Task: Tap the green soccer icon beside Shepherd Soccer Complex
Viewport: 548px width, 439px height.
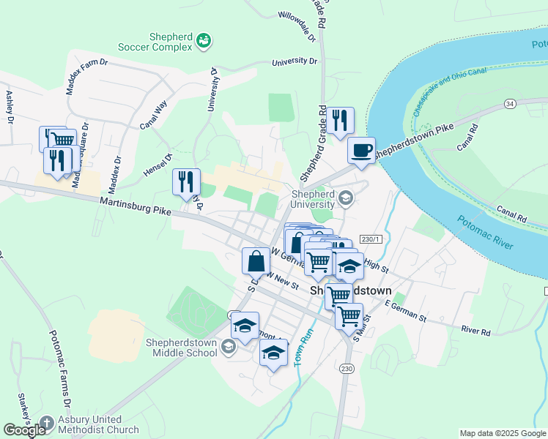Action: coord(204,42)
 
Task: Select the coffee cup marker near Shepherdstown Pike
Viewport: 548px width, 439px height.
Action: coord(360,151)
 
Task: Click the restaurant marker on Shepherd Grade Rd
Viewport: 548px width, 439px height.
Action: coord(338,121)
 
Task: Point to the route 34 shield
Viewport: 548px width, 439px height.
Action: coord(509,105)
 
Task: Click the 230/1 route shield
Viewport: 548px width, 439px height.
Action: coord(371,239)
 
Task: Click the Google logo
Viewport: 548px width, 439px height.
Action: coord(24,430)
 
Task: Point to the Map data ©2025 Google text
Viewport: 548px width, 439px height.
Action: coord(502,433)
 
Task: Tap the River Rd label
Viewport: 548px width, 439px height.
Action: coord(475,331)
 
